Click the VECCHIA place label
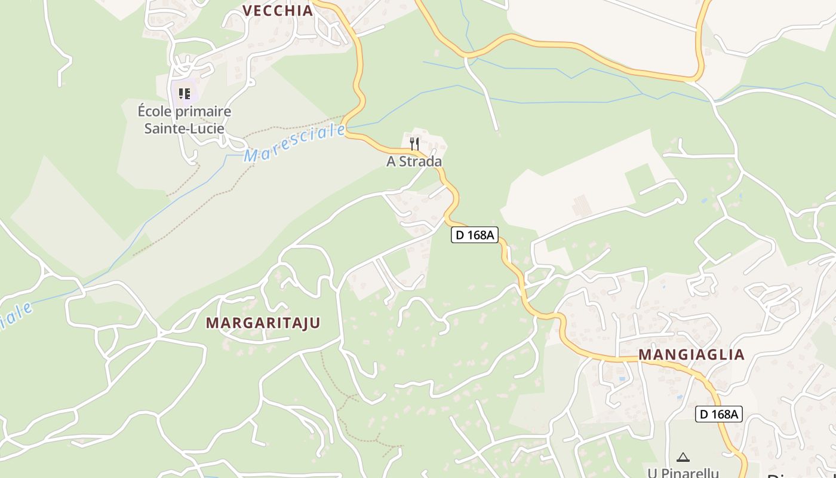pyautogui.click(x=278, y=10)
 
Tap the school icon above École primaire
pyautogui.click(x=185, y=93)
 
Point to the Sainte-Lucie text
pyautogui.click(x=185, y=128)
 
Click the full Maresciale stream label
pyautogui.click(x=295, y=143)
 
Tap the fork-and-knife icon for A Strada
pyautogui.click(x=414, y=143)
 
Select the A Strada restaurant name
pyautogui.click(x=414, y=161)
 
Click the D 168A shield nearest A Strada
pyautogui.click(x=474, y=235)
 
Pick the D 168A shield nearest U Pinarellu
pyautogui.click(x=718, y=414)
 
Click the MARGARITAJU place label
pyautogui.click(x=263, y=323)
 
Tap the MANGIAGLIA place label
pyautogui.click(x=691, y=355)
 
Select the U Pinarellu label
pyautogui.click(x=683, y=473)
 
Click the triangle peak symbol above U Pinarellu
pyautogui.click(x=683, y=458)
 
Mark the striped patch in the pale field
pyautogui.click(x=582, y=206)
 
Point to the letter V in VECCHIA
pyautogui.click(x=247, y=10)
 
